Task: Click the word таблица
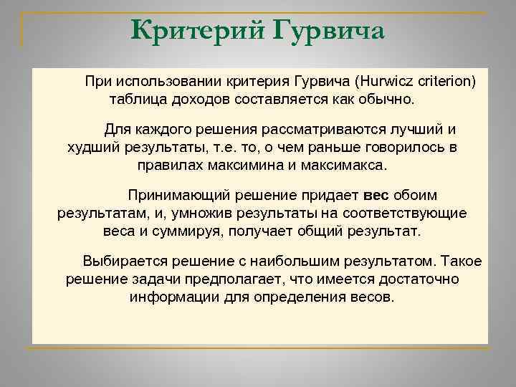137,97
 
